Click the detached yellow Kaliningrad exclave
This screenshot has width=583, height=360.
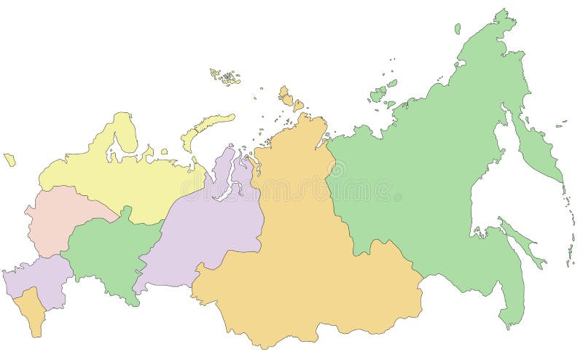[x=9, y=159]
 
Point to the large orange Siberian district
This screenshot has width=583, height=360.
[x=306, y=248]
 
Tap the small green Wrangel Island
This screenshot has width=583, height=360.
[x=458, y=28]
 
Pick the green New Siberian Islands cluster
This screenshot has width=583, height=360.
[x=380, y=93]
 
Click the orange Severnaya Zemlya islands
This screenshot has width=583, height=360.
[x=286, y=96]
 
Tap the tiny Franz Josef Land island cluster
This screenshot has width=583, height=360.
[x=226, y=75]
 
